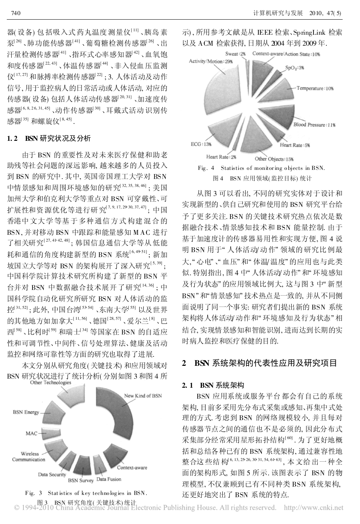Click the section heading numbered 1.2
(x=49, y=139)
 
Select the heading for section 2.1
(x=213, y=385)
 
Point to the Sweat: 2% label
(x=236, y=54)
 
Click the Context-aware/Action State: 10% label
(x=286, y=54)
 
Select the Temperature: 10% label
(x=315, y=88)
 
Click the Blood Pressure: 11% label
(x=314, y=125)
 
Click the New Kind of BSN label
(x=143, y=396)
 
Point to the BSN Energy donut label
(x=26, y=412)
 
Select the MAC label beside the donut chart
(x=31, y=433)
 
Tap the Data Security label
(x=52, y=475)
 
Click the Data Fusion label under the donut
(x=109, y=479)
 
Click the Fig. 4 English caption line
(x=261, y=168)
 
